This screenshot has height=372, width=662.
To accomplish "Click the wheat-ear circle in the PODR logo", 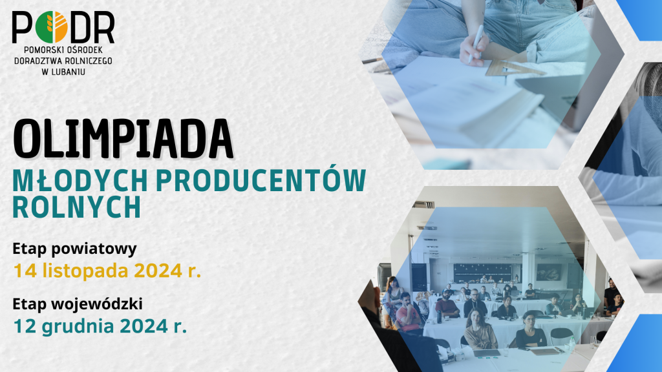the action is coord(52,27).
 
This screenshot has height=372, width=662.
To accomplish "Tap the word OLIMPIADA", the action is coord(123,139).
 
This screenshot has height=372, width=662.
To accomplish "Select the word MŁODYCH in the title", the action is coord(80,181).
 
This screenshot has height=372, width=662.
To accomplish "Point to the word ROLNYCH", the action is coord(76,207).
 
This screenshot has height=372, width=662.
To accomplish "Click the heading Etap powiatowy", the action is coord(75,249).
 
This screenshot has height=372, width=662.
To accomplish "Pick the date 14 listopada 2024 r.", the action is coord(107,271).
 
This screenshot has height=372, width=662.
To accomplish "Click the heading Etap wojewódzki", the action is coord(78,304).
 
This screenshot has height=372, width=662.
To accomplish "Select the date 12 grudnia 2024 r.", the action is coord(100,326).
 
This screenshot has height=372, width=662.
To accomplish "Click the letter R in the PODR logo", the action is coord(104,27).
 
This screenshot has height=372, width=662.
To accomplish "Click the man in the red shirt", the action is coord(407,313).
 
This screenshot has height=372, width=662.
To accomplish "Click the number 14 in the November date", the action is coord(25,271).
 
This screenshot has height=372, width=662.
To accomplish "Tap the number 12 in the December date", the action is coord(25,326).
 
